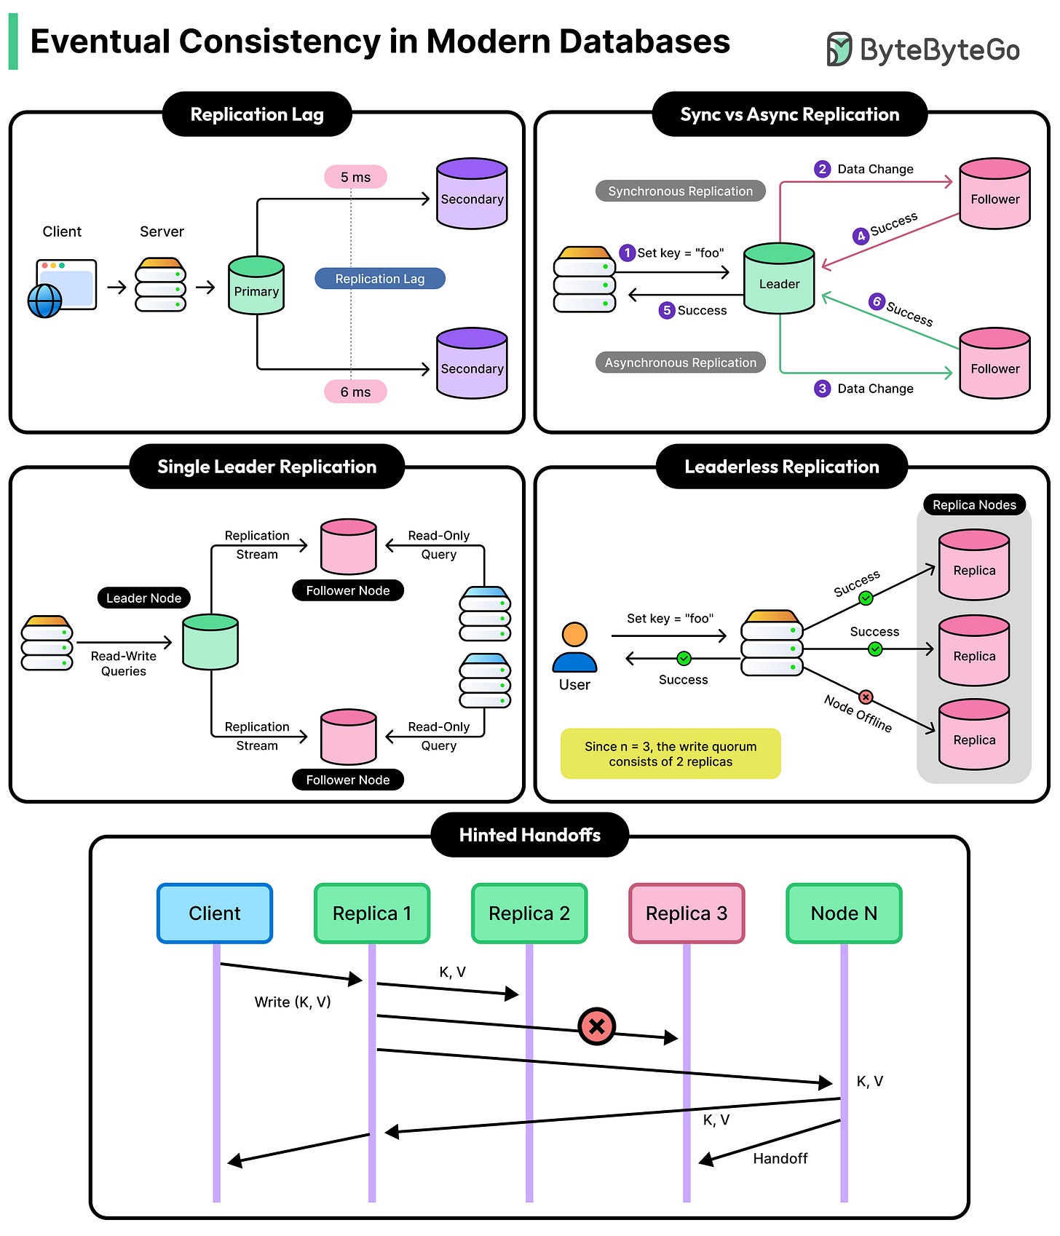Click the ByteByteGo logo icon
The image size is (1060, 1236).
click(839, 49)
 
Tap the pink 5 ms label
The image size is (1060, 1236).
click(355, 177)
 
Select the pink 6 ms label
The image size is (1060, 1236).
click(355, 392)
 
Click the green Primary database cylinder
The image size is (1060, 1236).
click(256, 285)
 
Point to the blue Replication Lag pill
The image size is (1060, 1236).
click(379, 279)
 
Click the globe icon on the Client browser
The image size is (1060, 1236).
click(44, 301)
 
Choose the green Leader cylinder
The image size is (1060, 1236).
click(779, 279)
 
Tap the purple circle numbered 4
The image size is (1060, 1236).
click(861, 236)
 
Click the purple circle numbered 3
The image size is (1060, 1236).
click(822, 388)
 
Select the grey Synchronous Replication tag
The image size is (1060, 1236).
click(680, 191)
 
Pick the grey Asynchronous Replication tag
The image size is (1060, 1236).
click(680, 363)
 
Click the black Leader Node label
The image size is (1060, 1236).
click(143, 598)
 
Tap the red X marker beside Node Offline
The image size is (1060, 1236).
click(866, 697)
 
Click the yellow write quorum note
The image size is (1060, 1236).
click(671, 753)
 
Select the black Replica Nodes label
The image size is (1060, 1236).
click(974, 504)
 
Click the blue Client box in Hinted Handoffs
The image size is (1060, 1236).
click(215, 914)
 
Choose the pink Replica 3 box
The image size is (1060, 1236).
click(687, 914)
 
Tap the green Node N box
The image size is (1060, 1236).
click(844, 914)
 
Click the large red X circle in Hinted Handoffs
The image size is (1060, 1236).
click(597, 1026)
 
